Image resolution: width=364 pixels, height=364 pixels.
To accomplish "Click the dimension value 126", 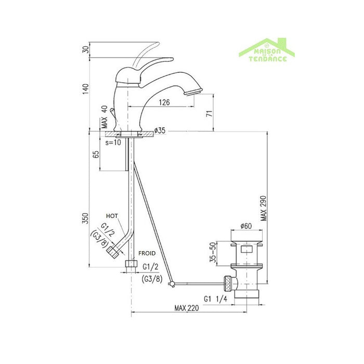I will (x=164, y=102).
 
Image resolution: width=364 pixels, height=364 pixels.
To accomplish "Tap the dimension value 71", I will (x=209, y=113).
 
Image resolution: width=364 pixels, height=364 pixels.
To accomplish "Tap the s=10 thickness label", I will (x=113, y=142).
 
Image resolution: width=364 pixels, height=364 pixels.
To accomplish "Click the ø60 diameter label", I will (x=246, y=225).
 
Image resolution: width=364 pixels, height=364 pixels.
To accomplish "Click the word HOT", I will (x=111, y=215).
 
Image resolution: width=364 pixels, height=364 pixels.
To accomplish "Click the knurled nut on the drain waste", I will (x=226, y=283).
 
